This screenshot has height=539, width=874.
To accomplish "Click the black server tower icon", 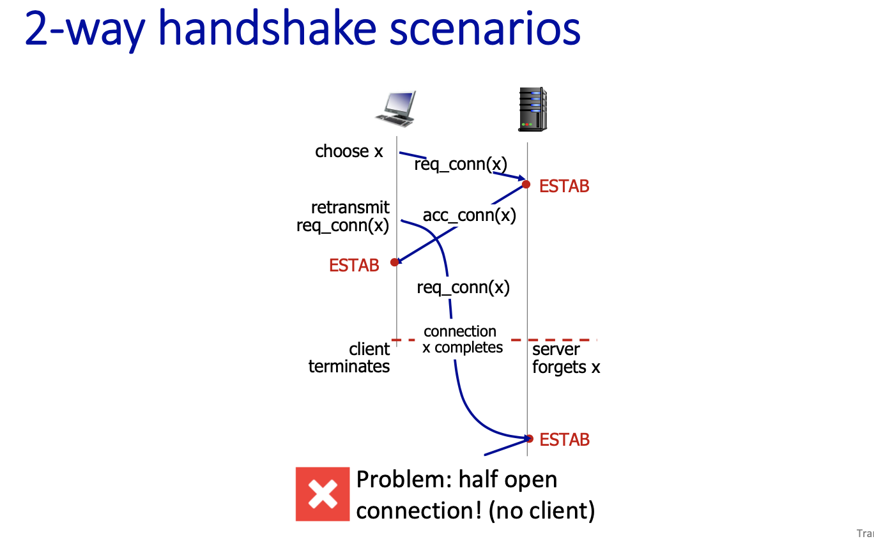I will tap(532, 110).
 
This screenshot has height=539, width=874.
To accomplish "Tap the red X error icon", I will tap(323, 494).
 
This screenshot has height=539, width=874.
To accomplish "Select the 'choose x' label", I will tap(349, 151).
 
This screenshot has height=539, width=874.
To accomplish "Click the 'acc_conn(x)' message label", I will tap(469, 215).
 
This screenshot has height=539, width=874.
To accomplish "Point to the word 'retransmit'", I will tap(350, 208).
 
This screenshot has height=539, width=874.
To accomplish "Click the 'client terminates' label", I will tap(349, 358).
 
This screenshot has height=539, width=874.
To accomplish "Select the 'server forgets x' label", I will tap(566, 358).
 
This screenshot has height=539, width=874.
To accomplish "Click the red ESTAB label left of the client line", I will tap(354, 265).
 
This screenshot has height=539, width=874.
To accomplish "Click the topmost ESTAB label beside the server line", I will tap(564, 186).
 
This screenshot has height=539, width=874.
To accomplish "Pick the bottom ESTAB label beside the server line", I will tap(564, 440).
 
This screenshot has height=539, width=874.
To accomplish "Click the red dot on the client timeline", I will tap(395, 262).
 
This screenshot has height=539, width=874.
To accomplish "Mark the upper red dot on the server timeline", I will tap(526, 185).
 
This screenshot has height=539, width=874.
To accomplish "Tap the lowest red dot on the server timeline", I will tap(530, 438).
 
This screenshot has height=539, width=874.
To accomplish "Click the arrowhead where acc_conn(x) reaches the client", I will tap(398, 261).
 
